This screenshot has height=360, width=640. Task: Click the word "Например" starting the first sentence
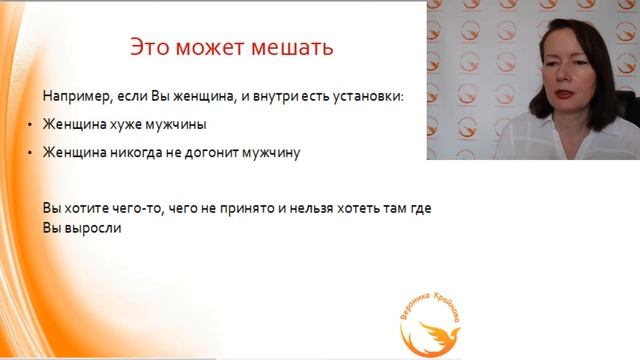(73, 97)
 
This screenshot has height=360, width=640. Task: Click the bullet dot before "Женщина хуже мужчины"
(30, 126)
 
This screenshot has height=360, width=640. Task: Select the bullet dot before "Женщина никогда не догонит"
(30, 154)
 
